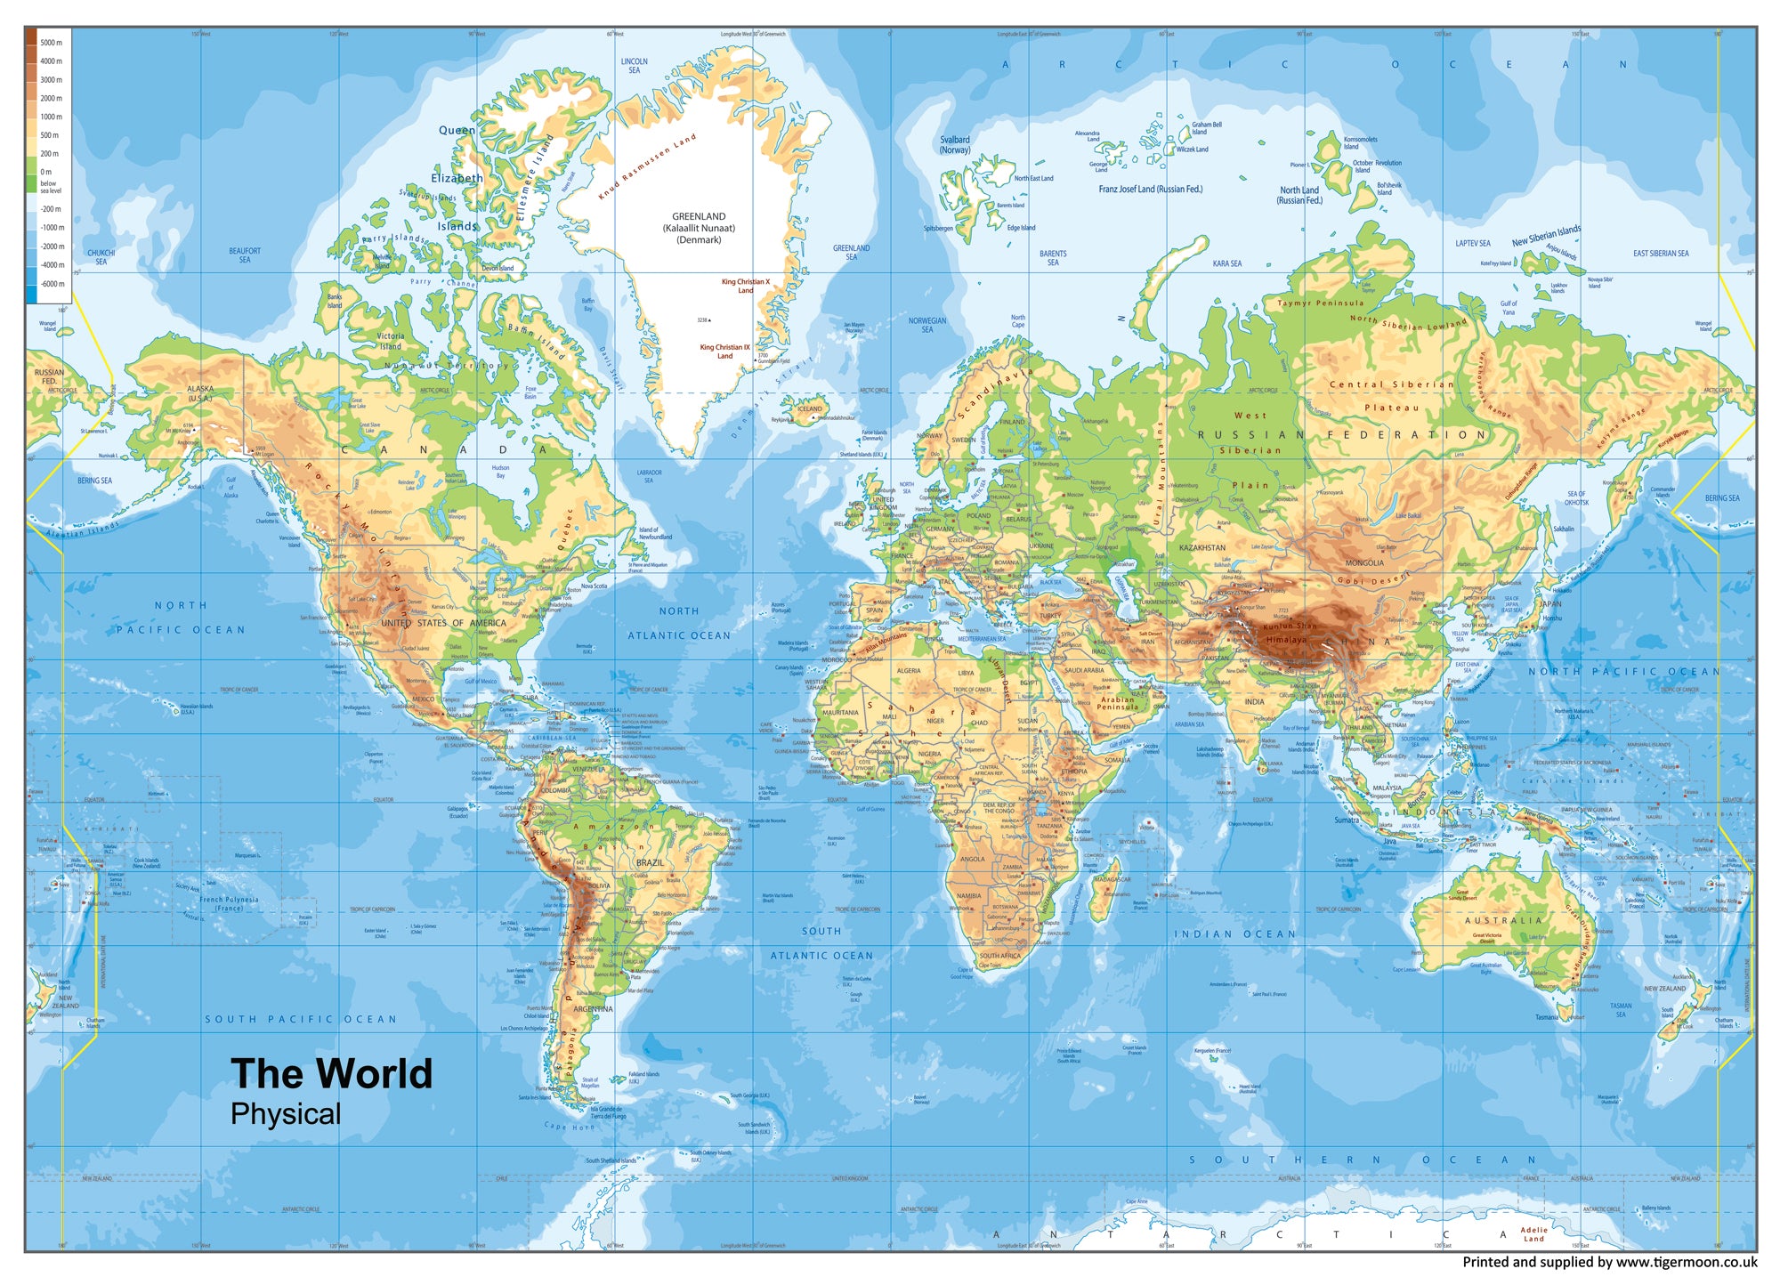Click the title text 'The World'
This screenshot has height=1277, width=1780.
(x=331, y=1074)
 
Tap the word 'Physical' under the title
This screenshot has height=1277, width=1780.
(x=285, y=1114)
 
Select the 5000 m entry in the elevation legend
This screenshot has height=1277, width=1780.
(x=50, y=43)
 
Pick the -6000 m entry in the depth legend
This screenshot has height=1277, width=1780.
(x=52, y=284)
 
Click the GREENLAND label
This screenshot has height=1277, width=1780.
(x=699, y=216)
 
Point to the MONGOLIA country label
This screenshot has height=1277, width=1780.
(x=1364, y=562)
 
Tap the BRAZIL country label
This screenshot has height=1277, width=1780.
(x=650, y=862)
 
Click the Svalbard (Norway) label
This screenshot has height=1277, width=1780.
(x=955, y=144)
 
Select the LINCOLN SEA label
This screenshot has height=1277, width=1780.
(x=634, y=66)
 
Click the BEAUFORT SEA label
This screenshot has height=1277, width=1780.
(x=245, y=255)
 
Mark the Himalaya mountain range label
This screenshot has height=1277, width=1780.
(x=1286, y=640)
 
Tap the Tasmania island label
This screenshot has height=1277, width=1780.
(x=1547, y=1016)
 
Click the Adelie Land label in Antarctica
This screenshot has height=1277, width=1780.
(x=1533, y=1233)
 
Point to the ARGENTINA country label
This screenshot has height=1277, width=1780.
(x=593, y=1009)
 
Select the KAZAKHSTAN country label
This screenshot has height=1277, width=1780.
(x=1201, y=547)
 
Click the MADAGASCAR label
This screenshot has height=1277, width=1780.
(x=1112, y=879)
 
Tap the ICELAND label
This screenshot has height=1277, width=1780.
(x=810, y=409)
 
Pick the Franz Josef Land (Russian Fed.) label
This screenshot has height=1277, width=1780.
(x=1150, y=189)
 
